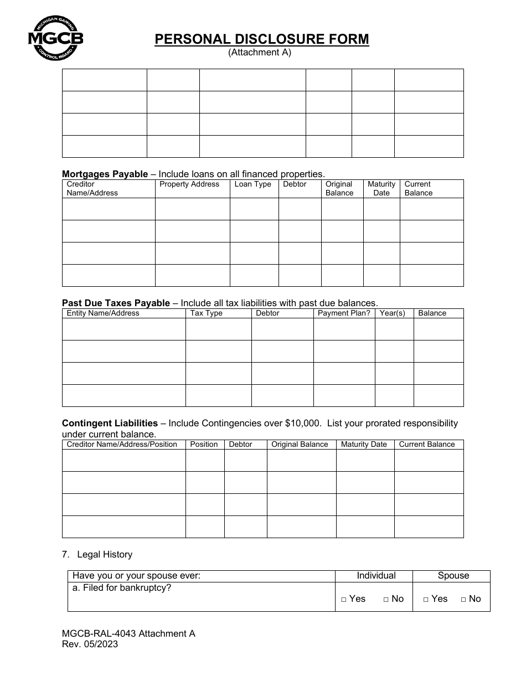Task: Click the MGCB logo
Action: [55, 38]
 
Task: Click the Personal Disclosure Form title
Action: [262, 39]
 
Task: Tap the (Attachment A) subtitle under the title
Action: [260, 53]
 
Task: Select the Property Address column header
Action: [189, 184]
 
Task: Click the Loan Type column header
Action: [253, 184]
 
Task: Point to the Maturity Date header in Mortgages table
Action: [381, 188]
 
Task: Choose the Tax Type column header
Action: [207, 313]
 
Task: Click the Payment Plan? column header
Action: [344, 313]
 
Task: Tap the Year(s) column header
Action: [393, 313]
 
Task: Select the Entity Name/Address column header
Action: [103, 313]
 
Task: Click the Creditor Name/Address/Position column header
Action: [122, 444]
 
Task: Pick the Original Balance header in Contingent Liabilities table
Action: [300, 444]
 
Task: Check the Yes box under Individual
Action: [344, 599]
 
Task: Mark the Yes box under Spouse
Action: [426, 599]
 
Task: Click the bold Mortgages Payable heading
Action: [105, 174]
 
